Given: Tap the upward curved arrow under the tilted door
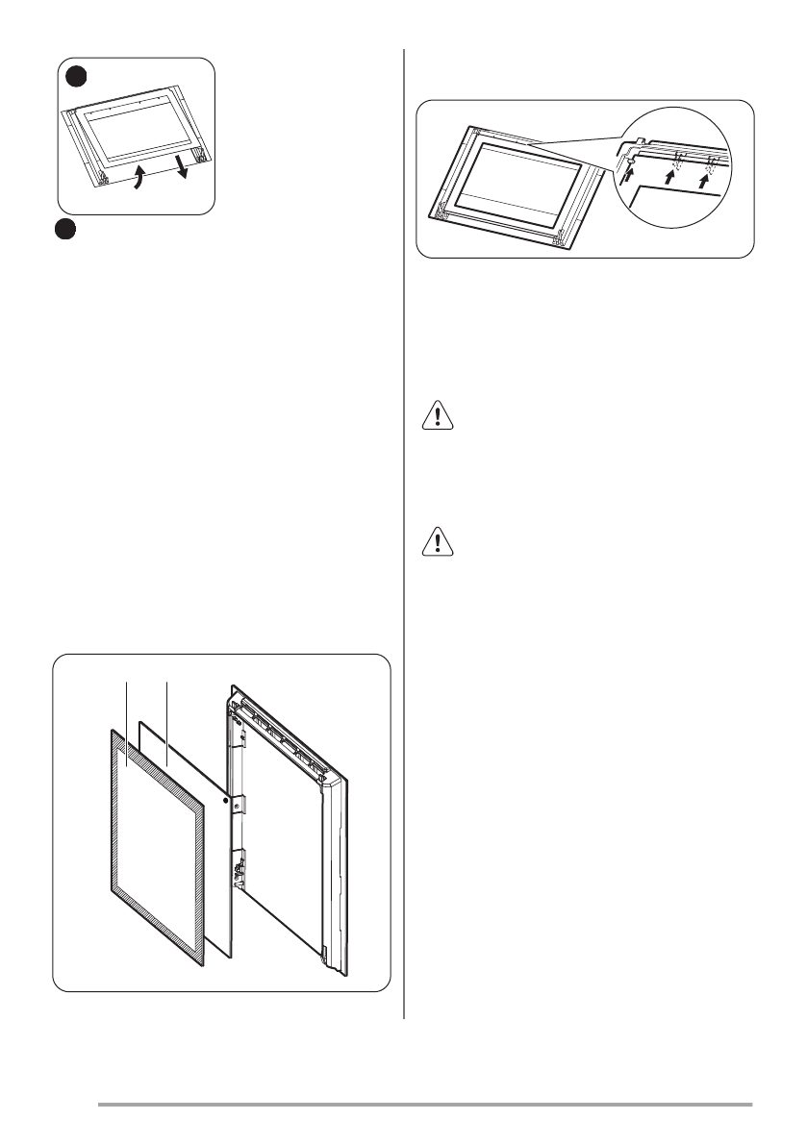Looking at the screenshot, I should tap(139, 178).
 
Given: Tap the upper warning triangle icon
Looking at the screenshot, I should tap(439, 416).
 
